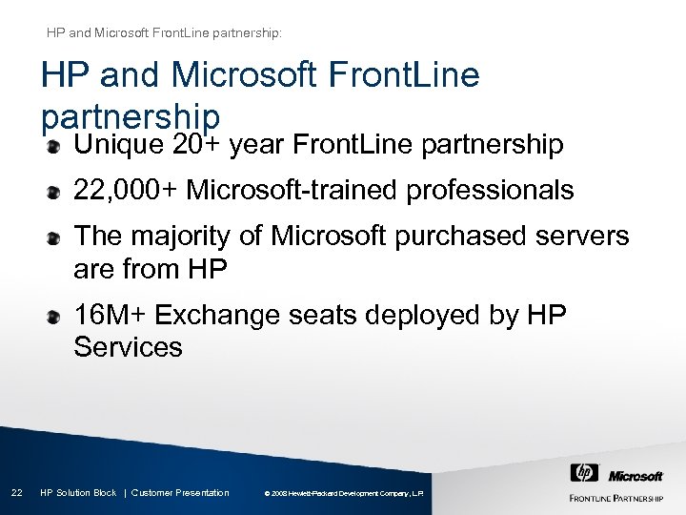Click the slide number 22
pyautogui.click(x=16, y=492)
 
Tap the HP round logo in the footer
pyautogui.click(x=583, y=473)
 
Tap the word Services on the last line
pyautogui.click(x=128, y=346)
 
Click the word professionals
pyautogui.click(x=490, y=192)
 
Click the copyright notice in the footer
pyautogui.click(x=348, y=493)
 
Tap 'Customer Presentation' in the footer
pyautogui.click(x=180, y=492)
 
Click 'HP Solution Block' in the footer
pyautogui.click(x=78, y=492)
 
